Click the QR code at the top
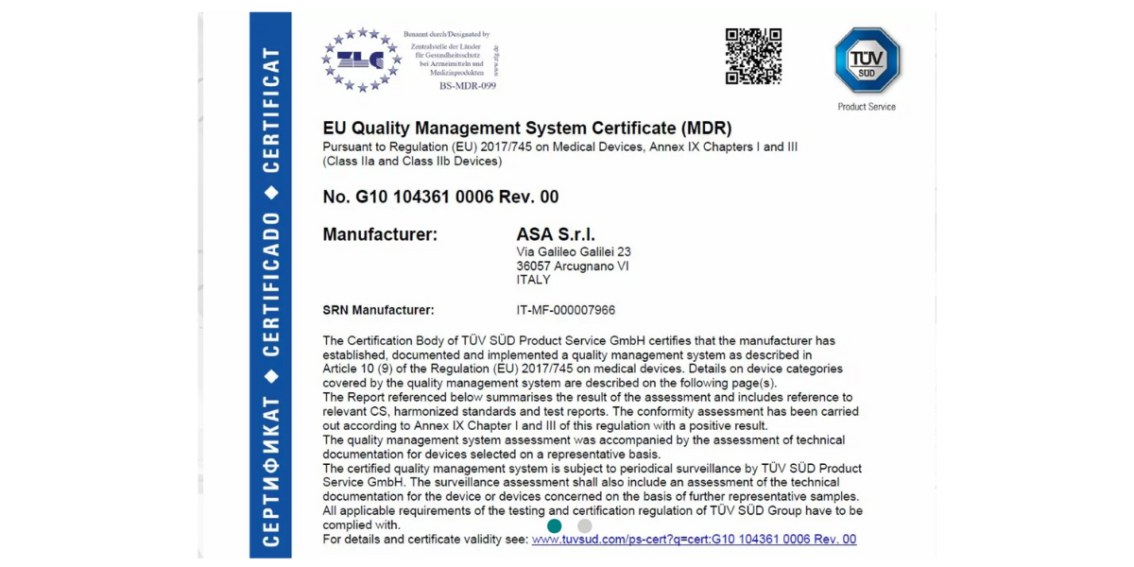753,57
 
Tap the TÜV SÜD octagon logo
867,60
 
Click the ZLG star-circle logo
361,60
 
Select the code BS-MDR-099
467,86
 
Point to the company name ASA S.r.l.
556,234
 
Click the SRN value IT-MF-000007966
565,310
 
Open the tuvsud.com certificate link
694,540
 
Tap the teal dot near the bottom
555,525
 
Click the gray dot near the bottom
585,525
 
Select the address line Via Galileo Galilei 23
574,252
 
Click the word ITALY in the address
534,281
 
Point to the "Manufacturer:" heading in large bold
380,234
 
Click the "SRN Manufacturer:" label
378,310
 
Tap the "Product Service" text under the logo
867,107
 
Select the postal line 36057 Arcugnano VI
573,266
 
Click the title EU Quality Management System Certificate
527,129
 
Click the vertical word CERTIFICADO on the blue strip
271,283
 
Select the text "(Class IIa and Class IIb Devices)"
412,162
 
